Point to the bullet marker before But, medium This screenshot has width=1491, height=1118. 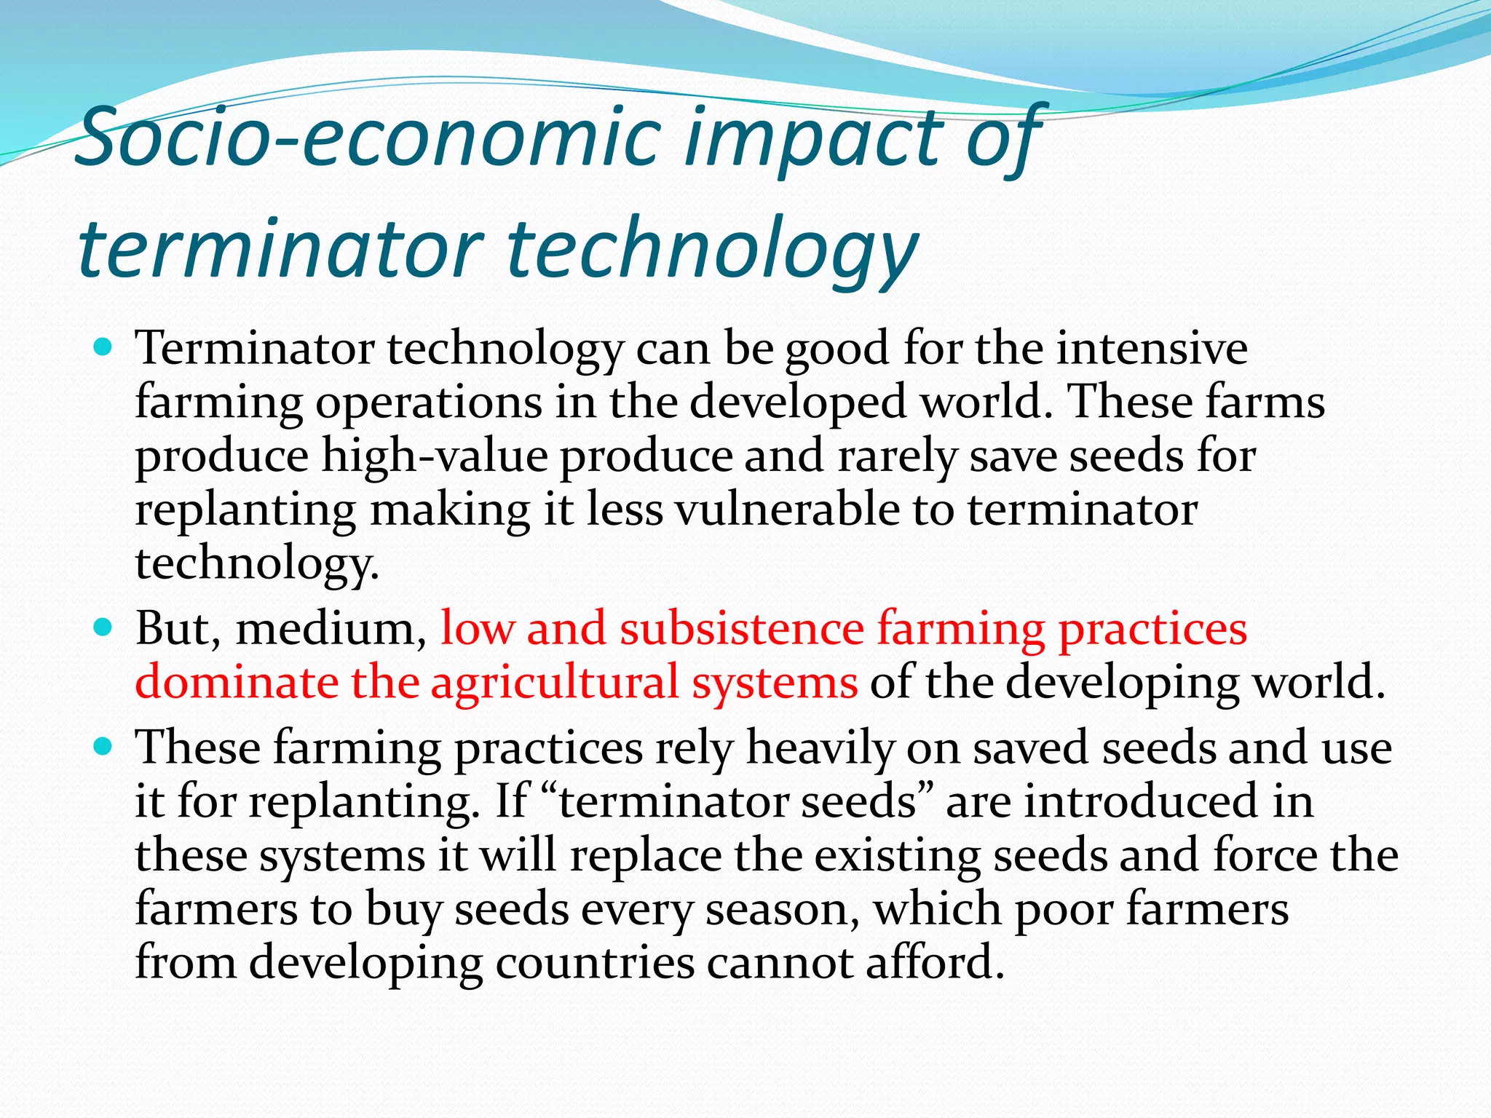click(104, 627)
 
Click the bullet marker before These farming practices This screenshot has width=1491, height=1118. click(104, 747)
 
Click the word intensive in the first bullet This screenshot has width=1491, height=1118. click(1152, 348)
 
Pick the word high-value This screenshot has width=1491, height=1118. click(435, 456)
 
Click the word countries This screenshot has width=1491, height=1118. click(595, 963)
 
